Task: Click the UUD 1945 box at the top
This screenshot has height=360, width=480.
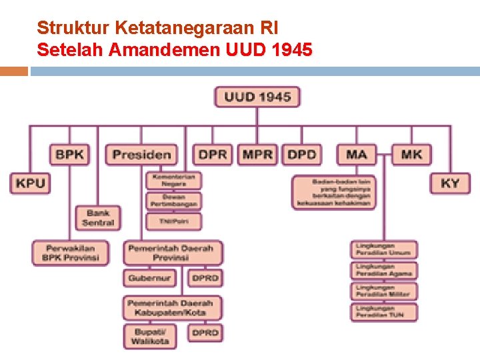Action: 257,97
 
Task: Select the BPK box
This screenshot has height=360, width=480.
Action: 69,155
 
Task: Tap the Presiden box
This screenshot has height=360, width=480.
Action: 141,155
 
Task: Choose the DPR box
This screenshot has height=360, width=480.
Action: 213,155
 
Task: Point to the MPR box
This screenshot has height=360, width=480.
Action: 257,155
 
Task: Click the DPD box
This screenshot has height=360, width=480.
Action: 301,155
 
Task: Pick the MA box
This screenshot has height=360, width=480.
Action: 357,155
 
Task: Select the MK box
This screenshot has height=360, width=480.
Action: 411,155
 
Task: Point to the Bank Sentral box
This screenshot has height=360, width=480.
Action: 98,217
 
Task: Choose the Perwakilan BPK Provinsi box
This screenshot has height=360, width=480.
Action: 70,253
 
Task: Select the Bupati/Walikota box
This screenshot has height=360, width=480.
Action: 151,335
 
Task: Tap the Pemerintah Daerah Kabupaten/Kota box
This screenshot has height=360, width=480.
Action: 172,307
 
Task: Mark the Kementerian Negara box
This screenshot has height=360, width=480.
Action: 173,180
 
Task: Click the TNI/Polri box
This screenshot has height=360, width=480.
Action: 173,221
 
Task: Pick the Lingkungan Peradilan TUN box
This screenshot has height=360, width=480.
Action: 384,311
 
